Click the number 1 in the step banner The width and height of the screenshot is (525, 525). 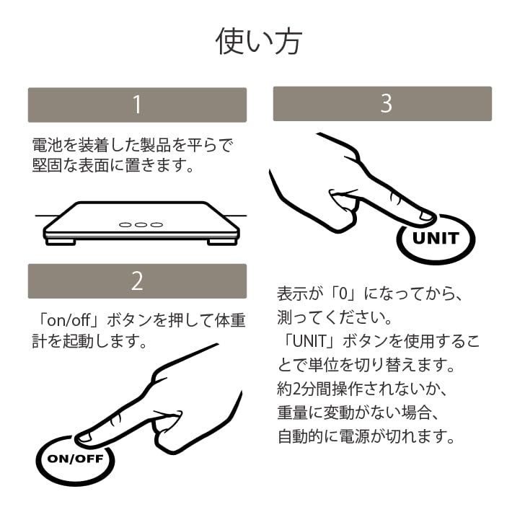(x=137, y=105)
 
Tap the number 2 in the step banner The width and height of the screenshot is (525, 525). (x=137, y=281)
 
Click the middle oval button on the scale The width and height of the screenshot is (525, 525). (x=141, y=225)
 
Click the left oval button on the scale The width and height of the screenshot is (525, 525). (x=126, y=225)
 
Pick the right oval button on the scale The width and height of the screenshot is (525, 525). (x=156, y=225)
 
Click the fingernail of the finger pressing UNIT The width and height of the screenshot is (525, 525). (x=426, y=215)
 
